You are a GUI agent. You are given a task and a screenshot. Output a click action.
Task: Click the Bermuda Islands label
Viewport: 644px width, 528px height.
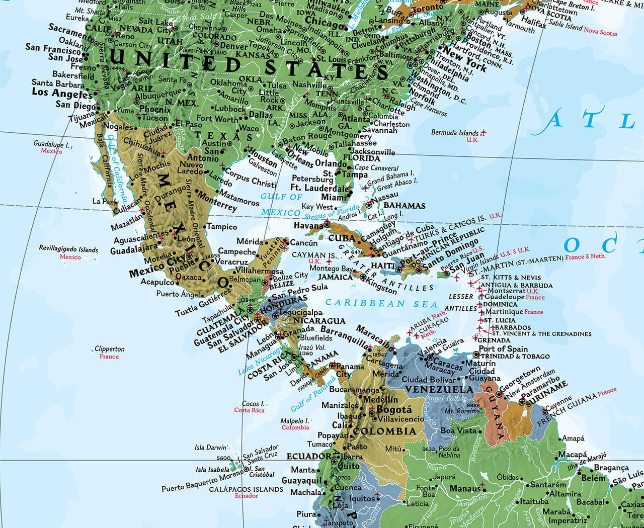454,133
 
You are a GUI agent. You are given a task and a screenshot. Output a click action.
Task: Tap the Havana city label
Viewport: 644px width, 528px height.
308,226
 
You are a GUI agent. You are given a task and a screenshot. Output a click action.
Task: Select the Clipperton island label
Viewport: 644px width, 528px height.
110,349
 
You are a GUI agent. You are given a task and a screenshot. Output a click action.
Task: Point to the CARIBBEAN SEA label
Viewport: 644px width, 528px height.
381,303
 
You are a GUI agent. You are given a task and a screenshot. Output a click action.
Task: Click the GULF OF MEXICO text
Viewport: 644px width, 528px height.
281,205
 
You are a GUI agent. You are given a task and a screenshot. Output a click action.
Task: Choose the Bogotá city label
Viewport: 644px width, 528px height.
394,409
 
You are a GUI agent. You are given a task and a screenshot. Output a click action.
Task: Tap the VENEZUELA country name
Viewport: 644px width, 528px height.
439,390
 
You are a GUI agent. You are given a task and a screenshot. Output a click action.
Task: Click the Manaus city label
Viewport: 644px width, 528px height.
465,488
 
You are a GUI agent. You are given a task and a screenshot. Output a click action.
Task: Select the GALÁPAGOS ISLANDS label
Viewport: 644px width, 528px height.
246,489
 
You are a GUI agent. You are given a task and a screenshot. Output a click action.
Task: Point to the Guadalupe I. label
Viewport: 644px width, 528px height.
51,144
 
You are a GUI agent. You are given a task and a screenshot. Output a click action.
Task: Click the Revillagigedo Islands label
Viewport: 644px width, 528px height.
69,249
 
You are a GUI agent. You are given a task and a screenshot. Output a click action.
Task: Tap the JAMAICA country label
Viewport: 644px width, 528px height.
336,277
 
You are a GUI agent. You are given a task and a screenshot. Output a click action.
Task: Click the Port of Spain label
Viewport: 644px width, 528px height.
503,349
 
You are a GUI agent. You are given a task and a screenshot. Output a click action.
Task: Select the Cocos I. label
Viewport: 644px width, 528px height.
253,403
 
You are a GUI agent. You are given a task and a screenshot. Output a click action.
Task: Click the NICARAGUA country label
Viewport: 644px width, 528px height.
319,321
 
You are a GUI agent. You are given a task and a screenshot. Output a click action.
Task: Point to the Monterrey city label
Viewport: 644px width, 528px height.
217,200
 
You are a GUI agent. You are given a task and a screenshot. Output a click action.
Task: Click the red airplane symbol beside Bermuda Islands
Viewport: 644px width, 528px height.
484,133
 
